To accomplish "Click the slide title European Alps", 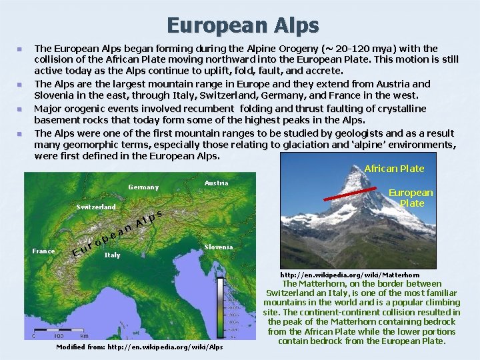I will point(243,25).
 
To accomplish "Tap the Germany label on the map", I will point(143,187).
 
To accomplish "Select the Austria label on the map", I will point(216,183).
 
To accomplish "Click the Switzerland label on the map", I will point(95,207).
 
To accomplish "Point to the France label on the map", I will point(44,251).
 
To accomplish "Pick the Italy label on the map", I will point(113,255).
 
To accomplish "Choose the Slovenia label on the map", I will point(219,247).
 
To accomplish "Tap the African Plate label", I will point(394,169).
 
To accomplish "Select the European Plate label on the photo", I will point(411,197).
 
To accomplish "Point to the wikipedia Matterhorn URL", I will point(350,275).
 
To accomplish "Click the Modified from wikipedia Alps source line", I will point(139,347).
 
